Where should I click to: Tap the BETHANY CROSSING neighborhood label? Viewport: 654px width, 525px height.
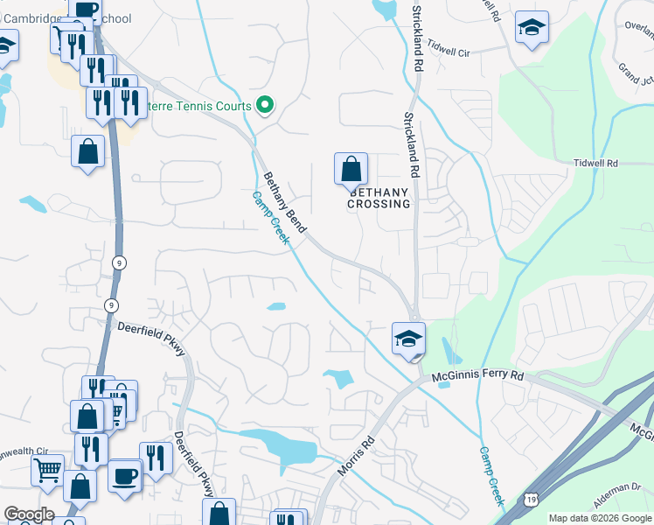click(x=379, y=198)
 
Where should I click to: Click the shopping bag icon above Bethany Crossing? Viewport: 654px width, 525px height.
click(x=351, y=168)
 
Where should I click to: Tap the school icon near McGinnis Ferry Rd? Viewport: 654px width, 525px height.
click(x=408, y=339)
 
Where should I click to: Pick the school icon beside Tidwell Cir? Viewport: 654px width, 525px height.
click(x=531, y=27)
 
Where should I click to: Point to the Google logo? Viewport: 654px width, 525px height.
click(x=29, y=514)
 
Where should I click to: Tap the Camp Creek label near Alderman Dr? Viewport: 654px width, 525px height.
click(x=491, y=476)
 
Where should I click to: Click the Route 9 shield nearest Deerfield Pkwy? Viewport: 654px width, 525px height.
click(x=111, y=304)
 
